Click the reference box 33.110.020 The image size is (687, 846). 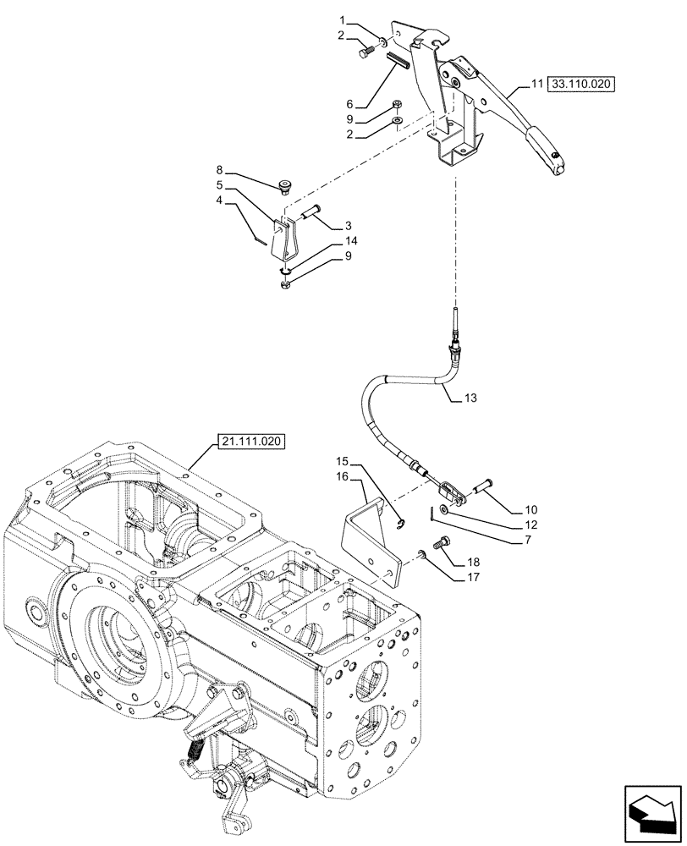coord(582,85)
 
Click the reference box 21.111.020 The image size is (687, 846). coord(251,442)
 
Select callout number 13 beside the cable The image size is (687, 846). coord(471,397)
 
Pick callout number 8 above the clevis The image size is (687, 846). coord(220,169)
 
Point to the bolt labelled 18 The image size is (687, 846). coord(442,545)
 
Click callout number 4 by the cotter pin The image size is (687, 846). coord(220,201)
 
